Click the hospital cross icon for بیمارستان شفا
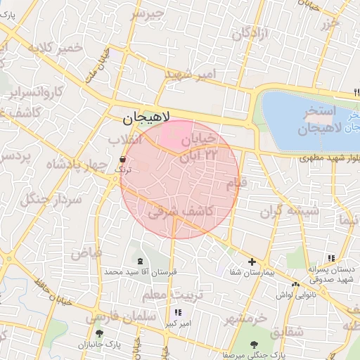coord(252,262)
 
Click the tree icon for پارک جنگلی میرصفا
coord(253,344)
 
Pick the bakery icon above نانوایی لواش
coord(295,285)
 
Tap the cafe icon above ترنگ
coord(123,160)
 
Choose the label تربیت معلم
coord(173,292)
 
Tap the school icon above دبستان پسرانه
coord(330,258)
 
